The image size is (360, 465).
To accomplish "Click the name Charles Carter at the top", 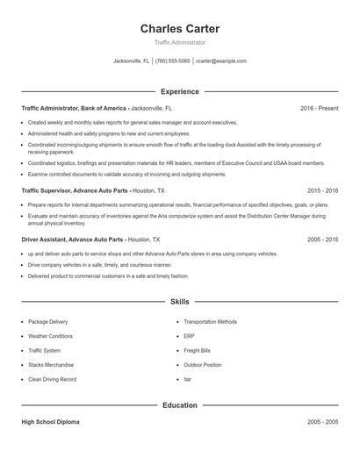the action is click(x=179, y=29).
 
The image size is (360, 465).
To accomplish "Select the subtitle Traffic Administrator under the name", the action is click(x=179, y=42).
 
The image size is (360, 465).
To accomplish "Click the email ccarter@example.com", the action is click(x=221, y=61).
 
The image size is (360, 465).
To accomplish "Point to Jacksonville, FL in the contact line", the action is click(x=132, y=61).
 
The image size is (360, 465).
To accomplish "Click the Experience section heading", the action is click(x=179, y=91).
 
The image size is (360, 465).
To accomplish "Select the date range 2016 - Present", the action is click(x=319, y=108).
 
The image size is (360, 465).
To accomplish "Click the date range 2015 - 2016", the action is click(x=322, y=190).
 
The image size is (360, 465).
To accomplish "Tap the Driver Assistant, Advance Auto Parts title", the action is click(x=73, y=239).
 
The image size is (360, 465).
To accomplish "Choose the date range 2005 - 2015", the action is click(x=322, y=239).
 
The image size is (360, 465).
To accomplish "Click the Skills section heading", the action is click(x=179, y=302).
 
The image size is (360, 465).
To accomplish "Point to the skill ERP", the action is click(x=189, y=336).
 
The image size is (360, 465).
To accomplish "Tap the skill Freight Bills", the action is click(x=198, y=350).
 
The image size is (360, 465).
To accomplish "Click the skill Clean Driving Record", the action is click(x=53, y=379).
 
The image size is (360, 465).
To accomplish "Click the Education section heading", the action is click(x=179, y=405).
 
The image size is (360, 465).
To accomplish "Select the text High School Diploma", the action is click(x=50, y=422).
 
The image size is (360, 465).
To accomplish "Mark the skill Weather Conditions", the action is click(x=52, y=336).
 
